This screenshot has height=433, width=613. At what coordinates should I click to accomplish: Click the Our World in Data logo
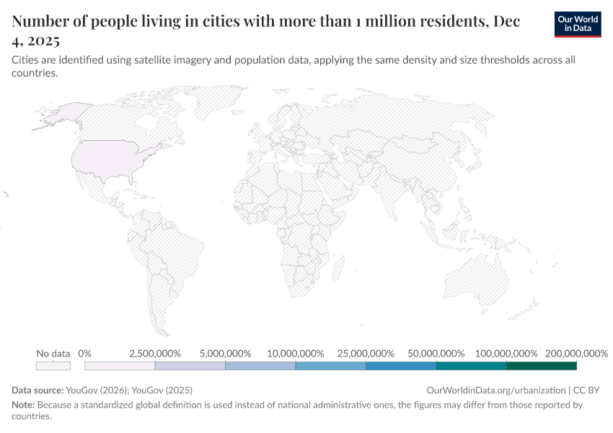578,24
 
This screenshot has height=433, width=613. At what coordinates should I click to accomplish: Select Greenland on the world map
209,105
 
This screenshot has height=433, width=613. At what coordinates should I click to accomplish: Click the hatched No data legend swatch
53,366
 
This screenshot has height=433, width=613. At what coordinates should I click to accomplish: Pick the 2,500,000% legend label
154,354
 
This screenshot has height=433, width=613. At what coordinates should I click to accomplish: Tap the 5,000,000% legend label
225,354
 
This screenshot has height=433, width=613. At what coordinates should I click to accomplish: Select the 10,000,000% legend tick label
295,354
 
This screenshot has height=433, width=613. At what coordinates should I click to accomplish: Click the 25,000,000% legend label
366,354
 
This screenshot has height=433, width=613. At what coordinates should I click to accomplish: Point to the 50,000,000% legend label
436,354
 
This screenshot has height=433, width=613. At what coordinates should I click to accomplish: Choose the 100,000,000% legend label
506,354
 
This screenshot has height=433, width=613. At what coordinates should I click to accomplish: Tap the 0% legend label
84,354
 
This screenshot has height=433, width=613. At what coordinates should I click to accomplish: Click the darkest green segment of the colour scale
542,366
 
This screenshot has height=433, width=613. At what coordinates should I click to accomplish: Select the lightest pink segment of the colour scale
120,366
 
